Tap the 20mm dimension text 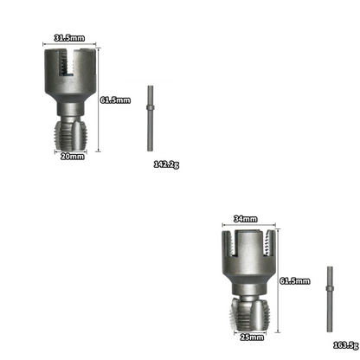[71, 156]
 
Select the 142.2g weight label [166, 164]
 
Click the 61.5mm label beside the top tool [115, 100]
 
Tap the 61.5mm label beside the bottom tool [295, 280]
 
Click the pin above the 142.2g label [151, 107]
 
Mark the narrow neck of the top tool [70, 112]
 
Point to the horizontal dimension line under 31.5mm [70, 45]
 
